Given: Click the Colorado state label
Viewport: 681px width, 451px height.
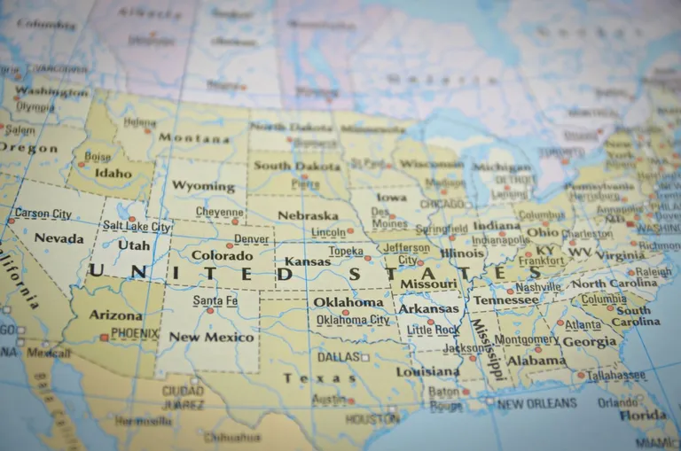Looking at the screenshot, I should pos(222,256).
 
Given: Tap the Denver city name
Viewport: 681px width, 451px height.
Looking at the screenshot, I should pos(251,239).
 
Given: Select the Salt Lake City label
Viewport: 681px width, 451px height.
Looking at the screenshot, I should pos(136,227).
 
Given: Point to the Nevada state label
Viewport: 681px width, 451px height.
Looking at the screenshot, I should pos(59,238).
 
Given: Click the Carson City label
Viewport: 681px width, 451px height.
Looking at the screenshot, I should pos(43,214).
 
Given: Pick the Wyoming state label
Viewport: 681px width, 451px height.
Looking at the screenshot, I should pos(203,186).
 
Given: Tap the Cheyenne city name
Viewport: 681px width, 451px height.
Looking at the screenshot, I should pos(219,213).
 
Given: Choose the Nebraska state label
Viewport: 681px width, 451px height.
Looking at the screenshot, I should pos(307,215).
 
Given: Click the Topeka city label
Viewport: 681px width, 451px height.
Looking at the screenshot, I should pos(346,251).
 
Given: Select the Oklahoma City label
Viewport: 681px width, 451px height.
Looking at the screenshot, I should pos(353,320).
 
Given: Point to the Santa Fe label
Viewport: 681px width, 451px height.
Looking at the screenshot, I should pos(215,301).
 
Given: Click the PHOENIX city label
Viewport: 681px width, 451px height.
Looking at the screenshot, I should pos(135,334).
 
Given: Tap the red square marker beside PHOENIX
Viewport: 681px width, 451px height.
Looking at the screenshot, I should pos(105,337).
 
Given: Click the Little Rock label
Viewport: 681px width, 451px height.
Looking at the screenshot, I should pos(433,330).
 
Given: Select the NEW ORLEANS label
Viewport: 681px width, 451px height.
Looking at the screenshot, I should pos(537,404).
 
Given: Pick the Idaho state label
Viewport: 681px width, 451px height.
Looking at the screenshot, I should pos(113,174).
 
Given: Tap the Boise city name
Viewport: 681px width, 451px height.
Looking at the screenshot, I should pos(98,157).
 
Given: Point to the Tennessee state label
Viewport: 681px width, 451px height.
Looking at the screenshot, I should pos(505,300).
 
